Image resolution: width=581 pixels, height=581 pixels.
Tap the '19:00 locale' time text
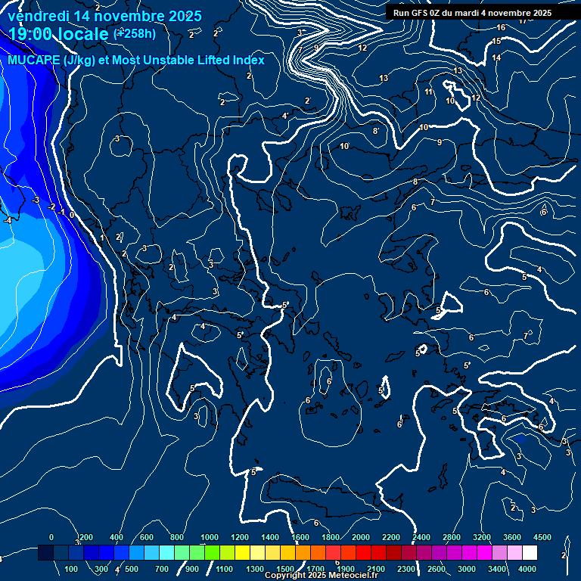(x=57, y=34)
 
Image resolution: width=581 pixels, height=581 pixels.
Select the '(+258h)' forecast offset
(x=135, y=34)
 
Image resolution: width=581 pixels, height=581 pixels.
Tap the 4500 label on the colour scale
(x=542, y=537)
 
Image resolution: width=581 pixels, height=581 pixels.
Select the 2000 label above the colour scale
(x=361, y=537)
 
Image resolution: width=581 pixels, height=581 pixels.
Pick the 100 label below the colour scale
(x=72, y=569)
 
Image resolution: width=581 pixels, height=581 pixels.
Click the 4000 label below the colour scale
(x=527, y=569)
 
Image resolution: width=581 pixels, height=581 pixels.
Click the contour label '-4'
(x=7, y=220)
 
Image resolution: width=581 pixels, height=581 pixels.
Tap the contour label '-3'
(x=36, y=200)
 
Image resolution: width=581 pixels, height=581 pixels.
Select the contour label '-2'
(x=51, y=207)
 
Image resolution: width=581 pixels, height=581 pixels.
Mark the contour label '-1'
(x=61, y=212)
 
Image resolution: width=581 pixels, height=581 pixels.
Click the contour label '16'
(x=498, y=28)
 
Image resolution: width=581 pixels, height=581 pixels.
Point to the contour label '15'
(x=497, y=42)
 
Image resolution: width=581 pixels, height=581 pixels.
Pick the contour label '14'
(x=496, y=57)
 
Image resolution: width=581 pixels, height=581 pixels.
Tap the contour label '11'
(x=428, y=92)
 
